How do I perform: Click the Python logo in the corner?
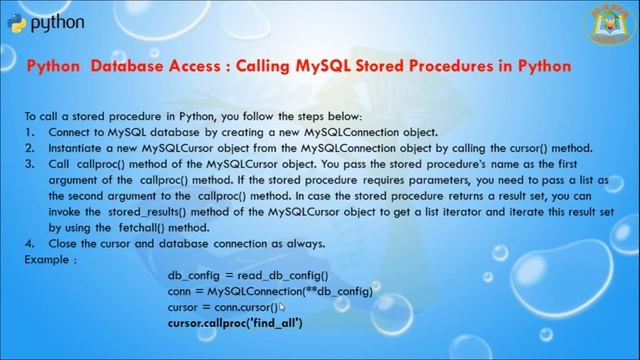coord(18,22)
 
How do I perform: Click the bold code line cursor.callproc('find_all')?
coord(235,323)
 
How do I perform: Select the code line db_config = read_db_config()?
coord(248,275)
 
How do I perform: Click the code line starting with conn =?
coord(270,291)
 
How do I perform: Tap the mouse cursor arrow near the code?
coord(282,308)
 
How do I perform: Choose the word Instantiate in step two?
coord(79,146)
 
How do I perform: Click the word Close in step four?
coord(65,243)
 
